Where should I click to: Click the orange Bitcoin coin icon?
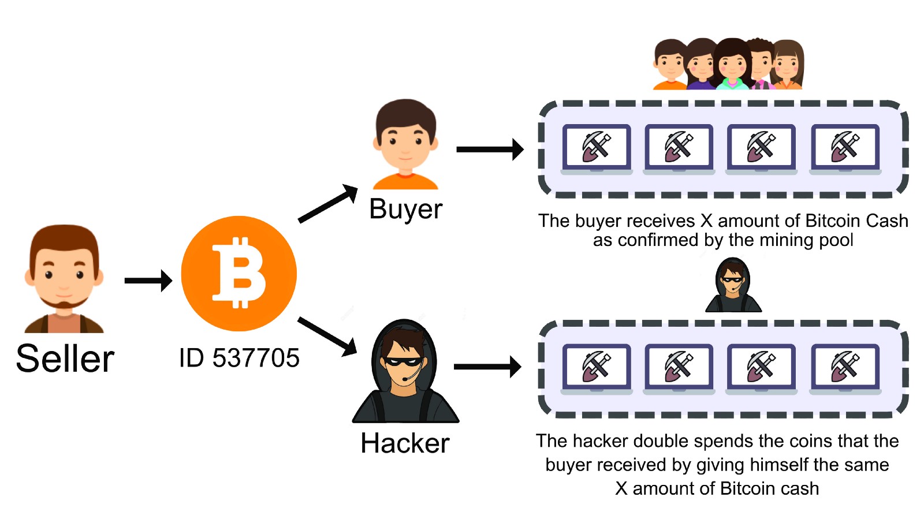tap(239, 273)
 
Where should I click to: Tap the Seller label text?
tap(65, 359)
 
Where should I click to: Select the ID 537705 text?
tap(239, 358)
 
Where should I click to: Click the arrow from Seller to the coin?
tap(148, 281)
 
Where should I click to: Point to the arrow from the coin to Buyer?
tap(327, 203)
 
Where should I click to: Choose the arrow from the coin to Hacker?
tap(327, 336)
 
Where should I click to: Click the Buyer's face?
tap(405, 141)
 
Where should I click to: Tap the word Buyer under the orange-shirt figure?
tap(405, 209)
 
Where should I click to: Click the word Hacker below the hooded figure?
tap(405, 443)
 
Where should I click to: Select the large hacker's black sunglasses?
tap(404, 362)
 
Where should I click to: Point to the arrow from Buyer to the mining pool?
tap(490, 149)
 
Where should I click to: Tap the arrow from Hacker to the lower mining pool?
tap(488, 366)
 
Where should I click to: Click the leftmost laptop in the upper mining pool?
tap(597, 148)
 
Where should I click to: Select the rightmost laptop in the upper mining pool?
tap(845, 148)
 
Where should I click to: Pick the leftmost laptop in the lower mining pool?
tap(597, 368)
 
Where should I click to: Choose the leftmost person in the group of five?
tap(669, 65)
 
